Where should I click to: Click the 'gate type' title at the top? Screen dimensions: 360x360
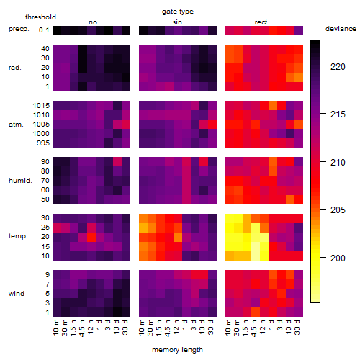[x=178, y=12]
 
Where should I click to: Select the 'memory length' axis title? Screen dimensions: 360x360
[x=178, y=350]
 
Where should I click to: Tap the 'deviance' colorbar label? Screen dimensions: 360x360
[x=341, y=29]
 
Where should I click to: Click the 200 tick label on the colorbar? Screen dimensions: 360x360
[x=338, y=258]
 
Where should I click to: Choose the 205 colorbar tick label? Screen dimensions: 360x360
[x=338, y=210]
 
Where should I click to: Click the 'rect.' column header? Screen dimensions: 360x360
[x=262, y=22]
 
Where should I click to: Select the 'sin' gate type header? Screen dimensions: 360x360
[x=177, y=22]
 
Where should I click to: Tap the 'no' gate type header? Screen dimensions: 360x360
[x=93, y=22]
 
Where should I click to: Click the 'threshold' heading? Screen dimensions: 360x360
[x=40, y=17]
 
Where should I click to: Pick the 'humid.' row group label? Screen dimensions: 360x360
[x=20, y=181]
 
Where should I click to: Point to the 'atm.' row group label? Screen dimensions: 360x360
[x=16, y=125]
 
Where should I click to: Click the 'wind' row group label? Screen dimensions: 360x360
[x=17, y=294]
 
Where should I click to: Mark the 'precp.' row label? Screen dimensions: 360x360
[x=19, y=29]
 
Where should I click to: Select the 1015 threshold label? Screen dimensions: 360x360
[x=41, y=106]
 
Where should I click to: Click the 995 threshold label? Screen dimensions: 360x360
[x=43, y=143]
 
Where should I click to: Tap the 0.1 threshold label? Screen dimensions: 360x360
[x=44, y=30]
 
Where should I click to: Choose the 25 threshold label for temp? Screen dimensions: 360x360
[x=45, y=228]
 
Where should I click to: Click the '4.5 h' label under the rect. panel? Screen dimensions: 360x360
[x=254, y=328]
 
